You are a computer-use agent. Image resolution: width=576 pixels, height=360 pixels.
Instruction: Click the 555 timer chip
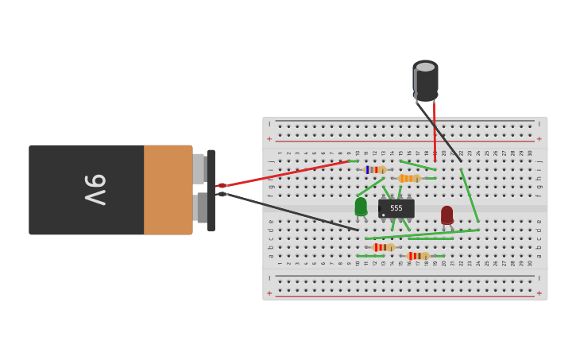click(x=396, y=208)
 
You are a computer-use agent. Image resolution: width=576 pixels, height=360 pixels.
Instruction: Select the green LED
click(x=361, y=207)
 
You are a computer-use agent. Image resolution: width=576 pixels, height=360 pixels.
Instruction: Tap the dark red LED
click(x=447, y=215)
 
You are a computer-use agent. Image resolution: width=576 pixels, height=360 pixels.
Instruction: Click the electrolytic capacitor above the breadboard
click(x=425, y=80)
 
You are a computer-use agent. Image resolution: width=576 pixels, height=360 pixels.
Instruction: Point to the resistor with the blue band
click(x=374, y=170)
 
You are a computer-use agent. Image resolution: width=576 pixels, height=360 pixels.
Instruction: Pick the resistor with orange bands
click(x=409, y=179)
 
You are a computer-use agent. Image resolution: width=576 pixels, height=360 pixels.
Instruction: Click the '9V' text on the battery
click(x=95, y=190)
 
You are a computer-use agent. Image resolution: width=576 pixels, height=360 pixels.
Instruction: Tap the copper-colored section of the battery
click(x=168, y=190)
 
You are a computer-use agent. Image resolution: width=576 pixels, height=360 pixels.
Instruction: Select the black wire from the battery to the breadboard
click(x=286, y=211)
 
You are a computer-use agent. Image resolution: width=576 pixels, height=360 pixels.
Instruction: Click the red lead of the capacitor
click(x=435, y=131)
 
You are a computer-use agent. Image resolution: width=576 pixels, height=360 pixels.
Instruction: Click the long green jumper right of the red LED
click(x=470, y=195)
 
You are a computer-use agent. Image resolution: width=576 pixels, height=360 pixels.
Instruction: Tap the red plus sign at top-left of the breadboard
click(x=269, y=139)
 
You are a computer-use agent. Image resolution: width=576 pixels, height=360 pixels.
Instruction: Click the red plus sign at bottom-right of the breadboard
click(x=539, y=293)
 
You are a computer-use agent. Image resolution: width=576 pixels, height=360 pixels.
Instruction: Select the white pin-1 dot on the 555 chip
click(x=383, y=215)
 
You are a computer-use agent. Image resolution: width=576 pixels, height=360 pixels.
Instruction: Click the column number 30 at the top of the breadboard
click(x=530, y=153)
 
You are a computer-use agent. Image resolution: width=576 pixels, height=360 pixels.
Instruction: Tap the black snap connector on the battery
click(x=211, y=191)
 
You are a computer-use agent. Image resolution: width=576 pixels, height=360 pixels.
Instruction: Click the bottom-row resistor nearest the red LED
click(x=417, y=256)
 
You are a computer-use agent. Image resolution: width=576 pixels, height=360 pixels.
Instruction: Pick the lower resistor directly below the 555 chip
click(x=383, y=247)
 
